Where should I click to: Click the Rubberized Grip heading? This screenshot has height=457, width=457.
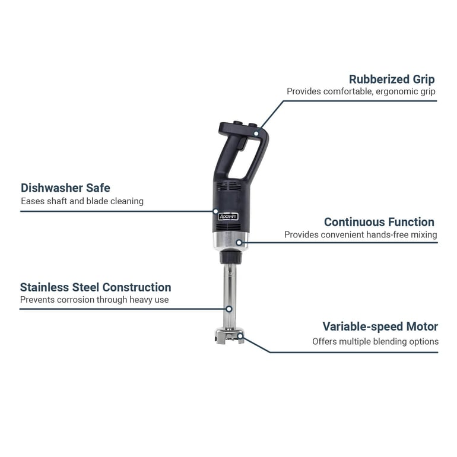point(392,80)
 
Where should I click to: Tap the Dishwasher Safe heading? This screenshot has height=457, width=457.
point(65,188)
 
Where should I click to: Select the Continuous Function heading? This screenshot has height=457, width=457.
point(379,222)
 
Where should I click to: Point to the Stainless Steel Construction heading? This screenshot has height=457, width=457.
point(96,287)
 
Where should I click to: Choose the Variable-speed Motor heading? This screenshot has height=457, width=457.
point(380,326)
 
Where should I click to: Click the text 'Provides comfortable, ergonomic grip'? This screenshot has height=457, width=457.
point(361,91)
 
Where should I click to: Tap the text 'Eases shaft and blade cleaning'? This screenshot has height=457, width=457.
point(82,201)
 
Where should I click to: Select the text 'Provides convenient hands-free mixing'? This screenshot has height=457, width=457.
point(361,234)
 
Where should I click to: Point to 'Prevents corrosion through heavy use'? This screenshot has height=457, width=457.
point(94,300)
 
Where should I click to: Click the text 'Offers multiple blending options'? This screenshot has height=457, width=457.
point(375,341)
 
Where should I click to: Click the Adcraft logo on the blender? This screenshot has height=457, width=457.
point(228,217)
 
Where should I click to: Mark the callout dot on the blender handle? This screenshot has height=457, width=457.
point(256,134)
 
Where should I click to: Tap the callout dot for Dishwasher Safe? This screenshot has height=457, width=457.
point(215,211)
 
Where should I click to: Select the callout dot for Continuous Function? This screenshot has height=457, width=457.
point(239,243)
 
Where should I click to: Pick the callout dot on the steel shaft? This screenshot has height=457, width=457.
point(229,309)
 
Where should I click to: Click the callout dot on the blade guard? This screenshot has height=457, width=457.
point(240,336)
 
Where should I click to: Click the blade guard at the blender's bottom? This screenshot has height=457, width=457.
point(229,335)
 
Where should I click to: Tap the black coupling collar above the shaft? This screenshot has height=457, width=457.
point(230,258)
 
